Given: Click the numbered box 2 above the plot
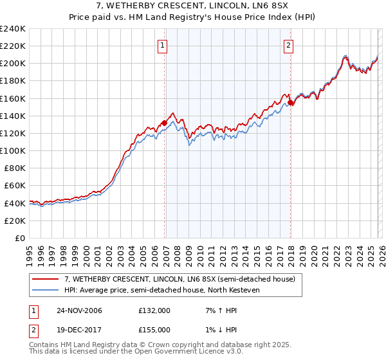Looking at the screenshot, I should point(288,45).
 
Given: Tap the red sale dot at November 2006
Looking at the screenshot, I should point(165,123).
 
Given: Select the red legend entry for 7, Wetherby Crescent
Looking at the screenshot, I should point(179,279).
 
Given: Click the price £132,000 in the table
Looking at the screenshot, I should point(154,310).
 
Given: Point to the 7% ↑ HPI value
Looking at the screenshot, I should point(217,310).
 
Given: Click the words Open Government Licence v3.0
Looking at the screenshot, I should point(187,353).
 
